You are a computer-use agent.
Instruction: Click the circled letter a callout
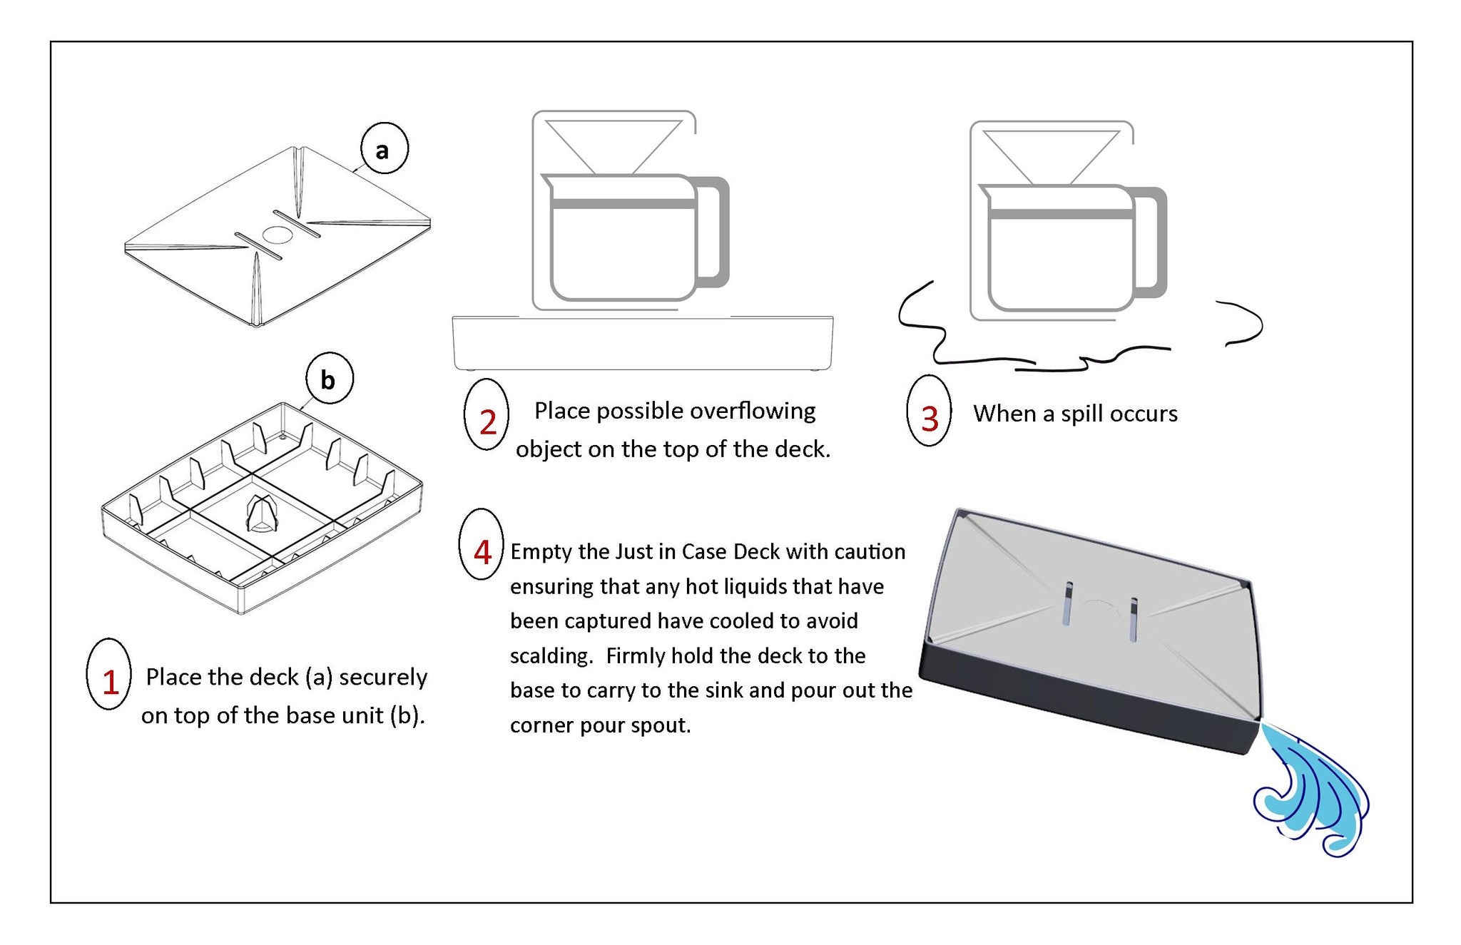[383, 149]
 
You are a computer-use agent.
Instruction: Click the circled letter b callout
[329, 379]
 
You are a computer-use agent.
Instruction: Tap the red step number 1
[110, 682]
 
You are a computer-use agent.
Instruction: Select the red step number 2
[488, 422]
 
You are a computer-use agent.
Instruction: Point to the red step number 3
[930, 419]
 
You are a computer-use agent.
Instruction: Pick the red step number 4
[483, 552]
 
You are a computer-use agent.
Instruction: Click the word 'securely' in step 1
[383, 677]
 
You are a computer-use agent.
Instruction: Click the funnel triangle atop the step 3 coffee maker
[1050, 154]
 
